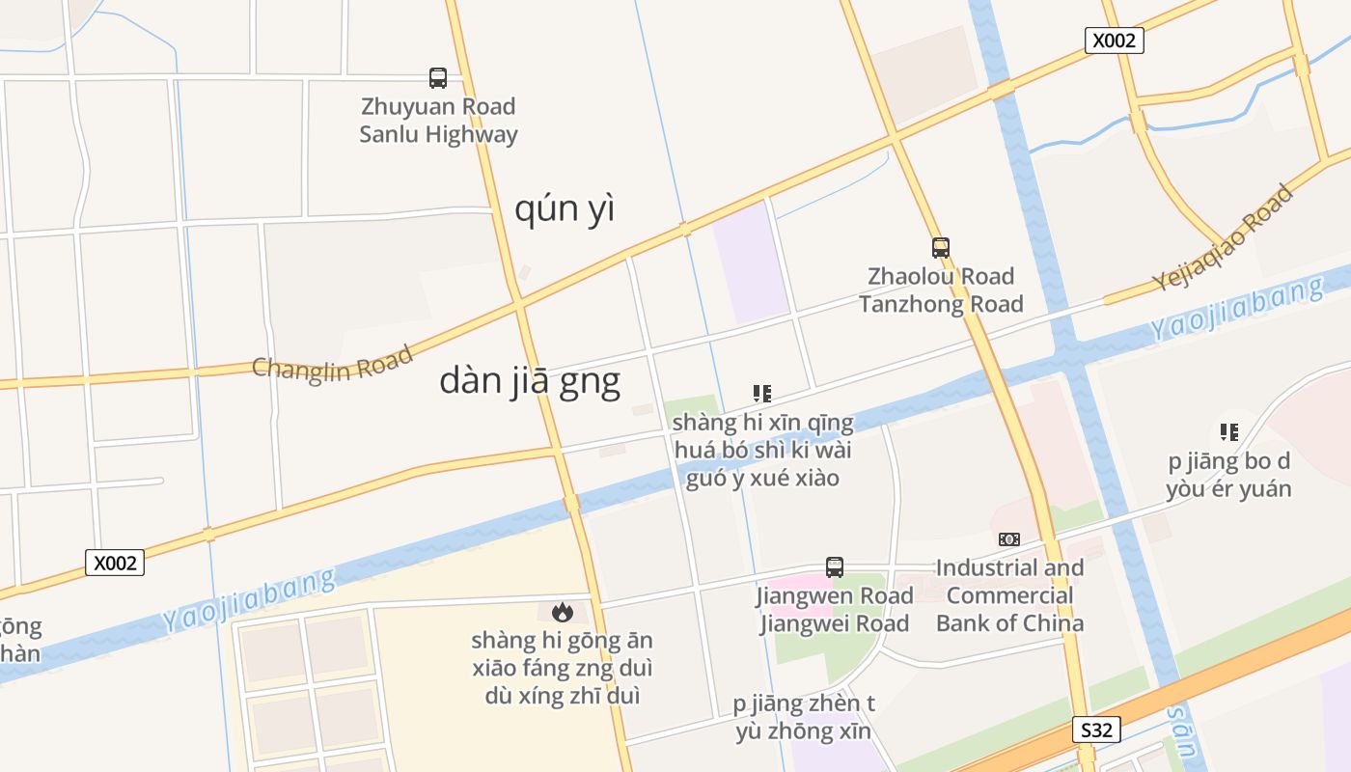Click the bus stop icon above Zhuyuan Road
pos(438,78)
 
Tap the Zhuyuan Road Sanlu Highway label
pos(438,121)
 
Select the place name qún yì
pos(565,208)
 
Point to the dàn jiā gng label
pos(530,381)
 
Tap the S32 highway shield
pos(1096,730)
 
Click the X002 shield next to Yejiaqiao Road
pos(1115,41)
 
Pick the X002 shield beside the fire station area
pos(115,563)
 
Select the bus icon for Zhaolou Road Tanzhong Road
pos(941,248)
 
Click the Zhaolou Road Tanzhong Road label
pos(941,290)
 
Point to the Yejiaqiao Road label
pos(1223,238)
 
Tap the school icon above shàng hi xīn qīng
pos(762,394)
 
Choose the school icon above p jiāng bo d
pos(1228,432)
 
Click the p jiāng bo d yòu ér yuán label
pos(1228,475)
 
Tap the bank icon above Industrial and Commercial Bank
pos(1009,539)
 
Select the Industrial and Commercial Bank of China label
pos(1009,595)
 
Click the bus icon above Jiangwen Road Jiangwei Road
pos(835,567)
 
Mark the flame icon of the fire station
pos(562,612)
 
